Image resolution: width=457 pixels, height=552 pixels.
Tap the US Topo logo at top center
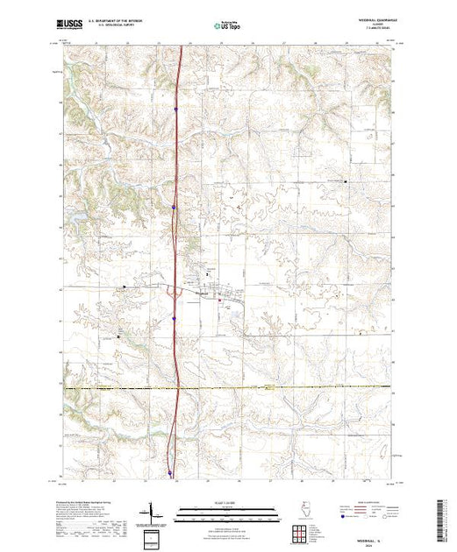tap(226, 25)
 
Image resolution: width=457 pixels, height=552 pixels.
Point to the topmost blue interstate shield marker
tap(175, 110)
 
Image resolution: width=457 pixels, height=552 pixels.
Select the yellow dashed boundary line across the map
tap(263, 386)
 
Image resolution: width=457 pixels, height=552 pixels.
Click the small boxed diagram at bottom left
tap(155, 537)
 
